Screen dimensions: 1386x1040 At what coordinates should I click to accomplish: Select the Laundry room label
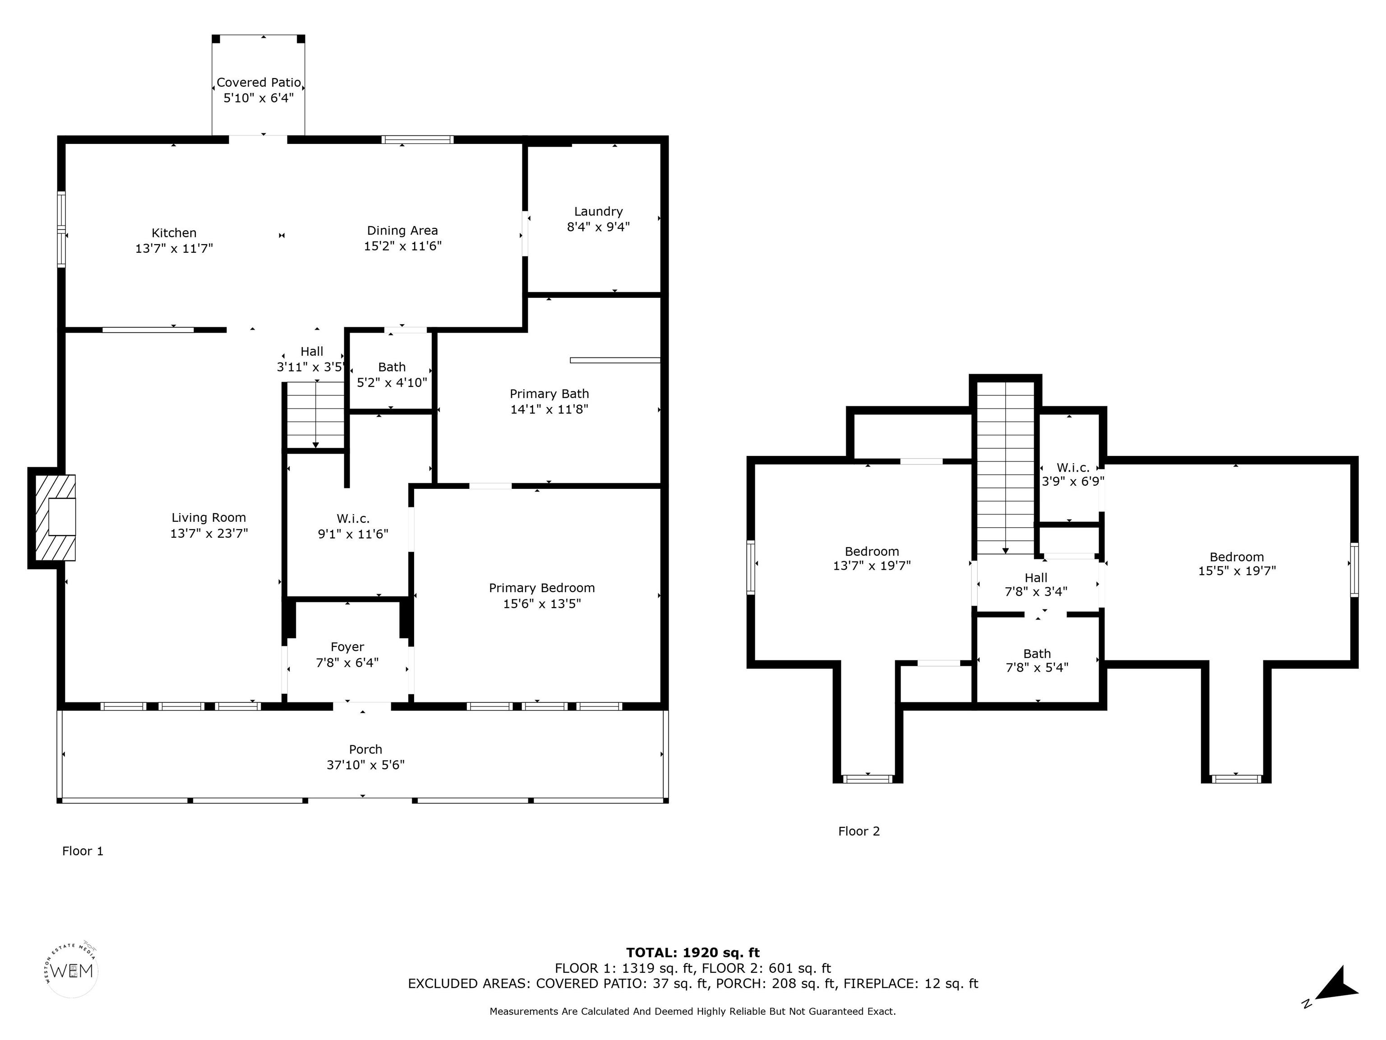point(598,212)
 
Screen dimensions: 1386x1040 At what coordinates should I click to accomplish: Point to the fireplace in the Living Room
point(55,518)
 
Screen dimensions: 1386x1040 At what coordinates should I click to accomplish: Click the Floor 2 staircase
point(1006,468)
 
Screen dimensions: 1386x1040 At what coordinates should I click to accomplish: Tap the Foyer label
point(347,647)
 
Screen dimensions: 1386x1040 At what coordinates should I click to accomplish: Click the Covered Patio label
point(259,83)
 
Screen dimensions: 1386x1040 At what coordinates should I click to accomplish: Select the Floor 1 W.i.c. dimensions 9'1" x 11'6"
point(353,534)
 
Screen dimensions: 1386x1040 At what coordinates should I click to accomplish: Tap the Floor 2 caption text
point(859,831)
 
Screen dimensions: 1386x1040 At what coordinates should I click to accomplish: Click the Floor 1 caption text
point(83,851)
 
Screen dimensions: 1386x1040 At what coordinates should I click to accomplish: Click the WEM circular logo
point(73,970)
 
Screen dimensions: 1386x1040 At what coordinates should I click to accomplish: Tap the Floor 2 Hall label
point(1036,578)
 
